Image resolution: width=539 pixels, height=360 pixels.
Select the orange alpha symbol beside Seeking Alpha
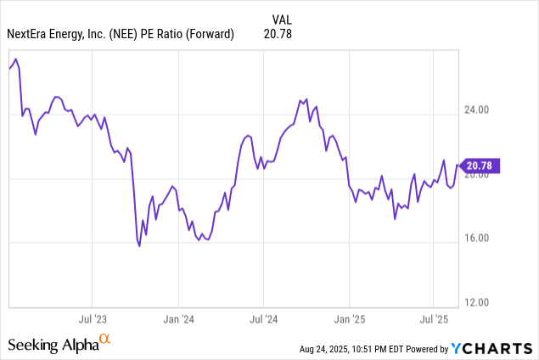coord(105,340)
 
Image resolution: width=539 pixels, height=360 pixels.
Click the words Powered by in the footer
coord(430,349)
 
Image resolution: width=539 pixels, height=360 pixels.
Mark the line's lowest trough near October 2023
coord(139,246)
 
